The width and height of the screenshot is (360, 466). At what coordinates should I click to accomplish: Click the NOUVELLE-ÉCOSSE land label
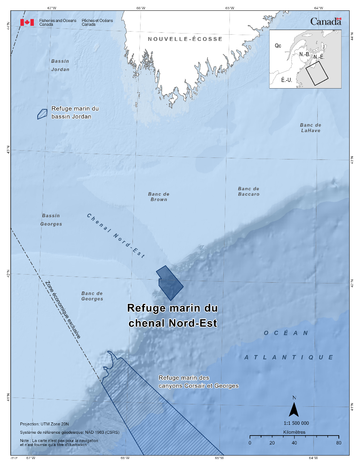pos(185,39)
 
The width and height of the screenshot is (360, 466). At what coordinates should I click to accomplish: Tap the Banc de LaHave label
pos(310,128)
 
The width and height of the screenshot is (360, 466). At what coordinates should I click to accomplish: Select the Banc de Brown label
pos(159,197)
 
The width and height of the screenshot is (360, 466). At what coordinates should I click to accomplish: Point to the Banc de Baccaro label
pos(248,191)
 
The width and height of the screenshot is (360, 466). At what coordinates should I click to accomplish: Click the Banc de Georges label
pos(92,296)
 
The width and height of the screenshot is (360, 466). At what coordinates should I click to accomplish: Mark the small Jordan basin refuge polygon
pos(42,114)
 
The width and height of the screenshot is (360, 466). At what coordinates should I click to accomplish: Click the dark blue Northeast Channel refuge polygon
pos(169,283)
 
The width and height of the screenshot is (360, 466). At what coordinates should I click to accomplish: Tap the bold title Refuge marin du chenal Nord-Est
pos(172,315)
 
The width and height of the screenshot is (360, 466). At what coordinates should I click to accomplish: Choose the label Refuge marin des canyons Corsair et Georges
pos(198,382)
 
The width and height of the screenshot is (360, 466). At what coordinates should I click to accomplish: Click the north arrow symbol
pos(294,409)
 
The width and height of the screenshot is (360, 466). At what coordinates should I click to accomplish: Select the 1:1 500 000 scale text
pos(293,423)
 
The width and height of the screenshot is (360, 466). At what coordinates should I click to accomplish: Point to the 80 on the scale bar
pos(339,443)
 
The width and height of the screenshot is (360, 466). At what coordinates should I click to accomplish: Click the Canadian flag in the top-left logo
pos(27,22)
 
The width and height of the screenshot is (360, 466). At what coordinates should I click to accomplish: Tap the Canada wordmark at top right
pos(326,22)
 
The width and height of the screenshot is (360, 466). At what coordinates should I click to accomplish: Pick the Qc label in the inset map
pos(278,46)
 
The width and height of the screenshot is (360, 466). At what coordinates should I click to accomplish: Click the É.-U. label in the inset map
pos(286,80)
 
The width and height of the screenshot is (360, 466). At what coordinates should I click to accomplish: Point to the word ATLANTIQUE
pos(289,357)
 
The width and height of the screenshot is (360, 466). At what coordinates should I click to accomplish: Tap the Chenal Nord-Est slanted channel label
pos(115,235)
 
